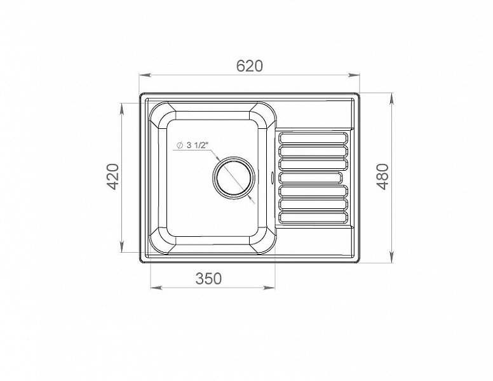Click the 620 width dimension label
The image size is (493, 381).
249,66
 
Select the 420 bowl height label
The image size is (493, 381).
114,177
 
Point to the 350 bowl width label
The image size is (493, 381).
209,279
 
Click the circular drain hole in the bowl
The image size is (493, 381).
233,178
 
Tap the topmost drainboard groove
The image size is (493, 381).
314,138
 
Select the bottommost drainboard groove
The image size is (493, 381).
314,218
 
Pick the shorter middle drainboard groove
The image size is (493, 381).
311,178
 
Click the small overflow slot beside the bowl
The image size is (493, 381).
273,176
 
